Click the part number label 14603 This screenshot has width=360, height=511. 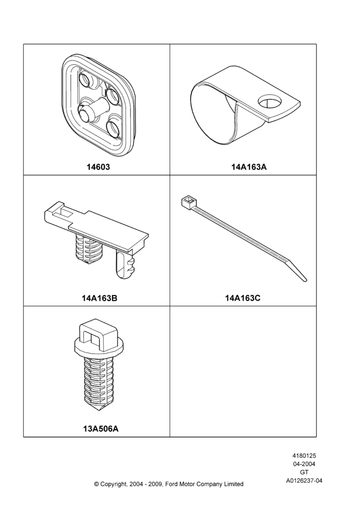98,167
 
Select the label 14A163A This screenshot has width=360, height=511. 249,167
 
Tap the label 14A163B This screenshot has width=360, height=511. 99,298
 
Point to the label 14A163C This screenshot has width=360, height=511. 243,298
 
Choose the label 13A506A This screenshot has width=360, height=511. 101,429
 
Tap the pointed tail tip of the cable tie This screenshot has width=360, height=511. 305,279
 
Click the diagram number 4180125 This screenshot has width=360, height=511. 304,456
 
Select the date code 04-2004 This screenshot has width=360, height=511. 304,464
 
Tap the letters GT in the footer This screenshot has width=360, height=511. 304,472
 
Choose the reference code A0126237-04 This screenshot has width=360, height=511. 304,480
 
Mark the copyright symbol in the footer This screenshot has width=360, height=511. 96,484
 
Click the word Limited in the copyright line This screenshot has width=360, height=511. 234,484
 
